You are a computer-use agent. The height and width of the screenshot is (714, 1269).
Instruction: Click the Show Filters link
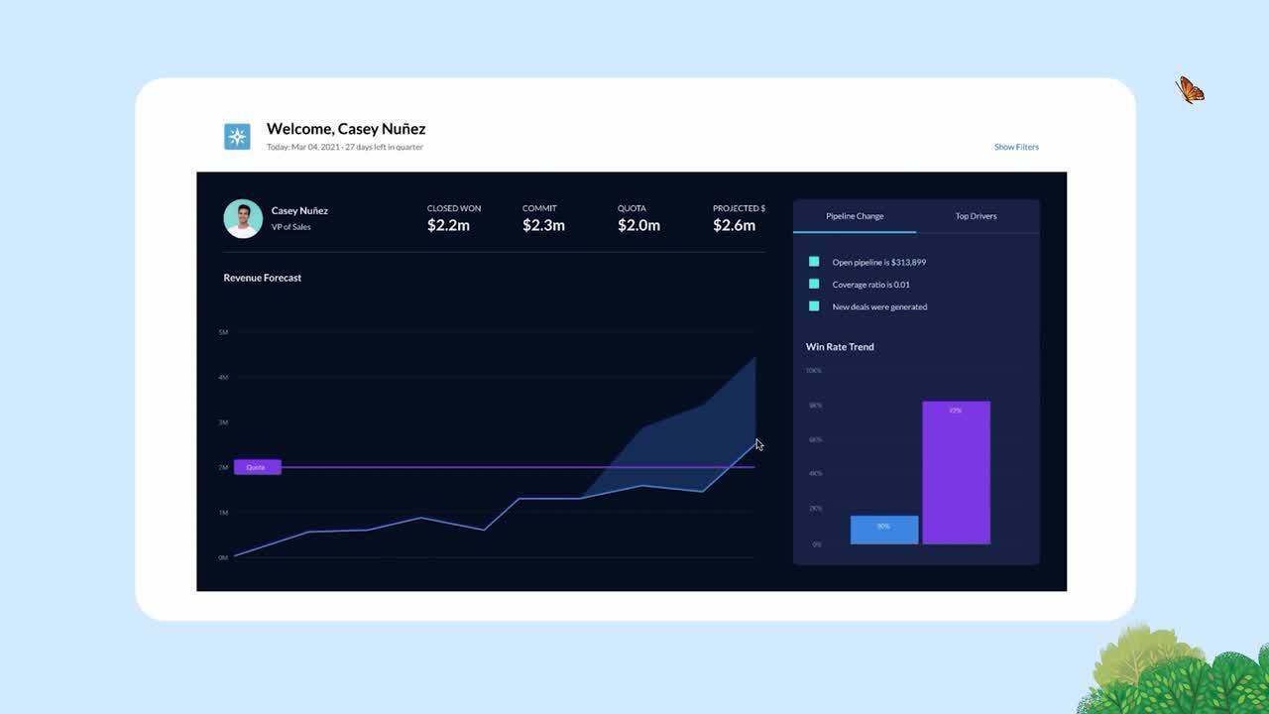click(1016, 147)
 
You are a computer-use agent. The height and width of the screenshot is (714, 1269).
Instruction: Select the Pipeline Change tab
click(855, 216)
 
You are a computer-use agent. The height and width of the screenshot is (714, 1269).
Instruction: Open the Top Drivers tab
click(976, 216)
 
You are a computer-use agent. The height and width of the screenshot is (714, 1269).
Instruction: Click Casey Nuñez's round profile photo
click(243, 219)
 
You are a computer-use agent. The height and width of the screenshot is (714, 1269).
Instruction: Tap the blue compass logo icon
click(237, 137)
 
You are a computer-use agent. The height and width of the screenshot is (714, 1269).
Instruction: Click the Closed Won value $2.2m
click(448, 225)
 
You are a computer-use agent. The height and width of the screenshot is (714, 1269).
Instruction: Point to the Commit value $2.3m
click(543, 225)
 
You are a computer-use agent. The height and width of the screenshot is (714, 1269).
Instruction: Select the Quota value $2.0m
click(638, 225)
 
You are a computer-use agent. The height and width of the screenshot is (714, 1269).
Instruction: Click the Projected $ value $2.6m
click(734, 225)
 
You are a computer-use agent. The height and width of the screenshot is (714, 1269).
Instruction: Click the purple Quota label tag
click(257, 467)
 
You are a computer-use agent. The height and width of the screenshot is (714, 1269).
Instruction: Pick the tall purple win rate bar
click(956, 473)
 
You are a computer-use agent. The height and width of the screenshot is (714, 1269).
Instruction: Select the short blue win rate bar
click(883, 530)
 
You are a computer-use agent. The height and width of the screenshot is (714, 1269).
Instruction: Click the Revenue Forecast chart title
click(263, 278)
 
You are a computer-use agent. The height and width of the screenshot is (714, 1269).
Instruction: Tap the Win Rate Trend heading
click(840, 347)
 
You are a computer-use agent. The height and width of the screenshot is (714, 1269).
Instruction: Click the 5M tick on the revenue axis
click(223, 332)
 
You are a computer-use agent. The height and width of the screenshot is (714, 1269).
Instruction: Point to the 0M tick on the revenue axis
click(223, 557)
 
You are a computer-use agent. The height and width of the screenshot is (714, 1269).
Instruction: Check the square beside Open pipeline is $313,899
click(814, 262)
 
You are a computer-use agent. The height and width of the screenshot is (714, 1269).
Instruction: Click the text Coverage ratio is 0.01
click(870, 285)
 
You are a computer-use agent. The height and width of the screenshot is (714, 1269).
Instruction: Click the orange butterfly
click(1190, 90)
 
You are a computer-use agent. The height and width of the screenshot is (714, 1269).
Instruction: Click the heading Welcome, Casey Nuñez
click(346, 129)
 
